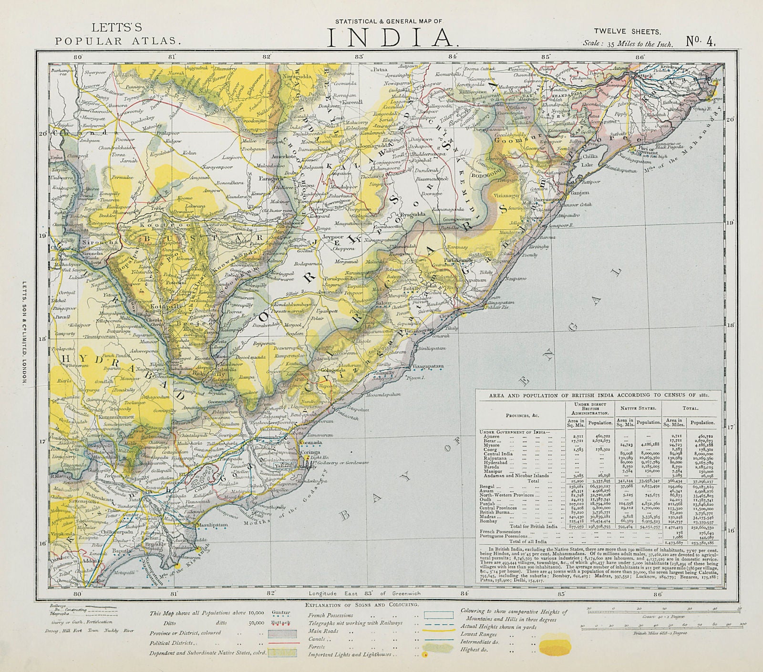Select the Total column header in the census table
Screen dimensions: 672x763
click(692, 408)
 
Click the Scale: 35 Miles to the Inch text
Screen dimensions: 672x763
click(628, 44)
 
